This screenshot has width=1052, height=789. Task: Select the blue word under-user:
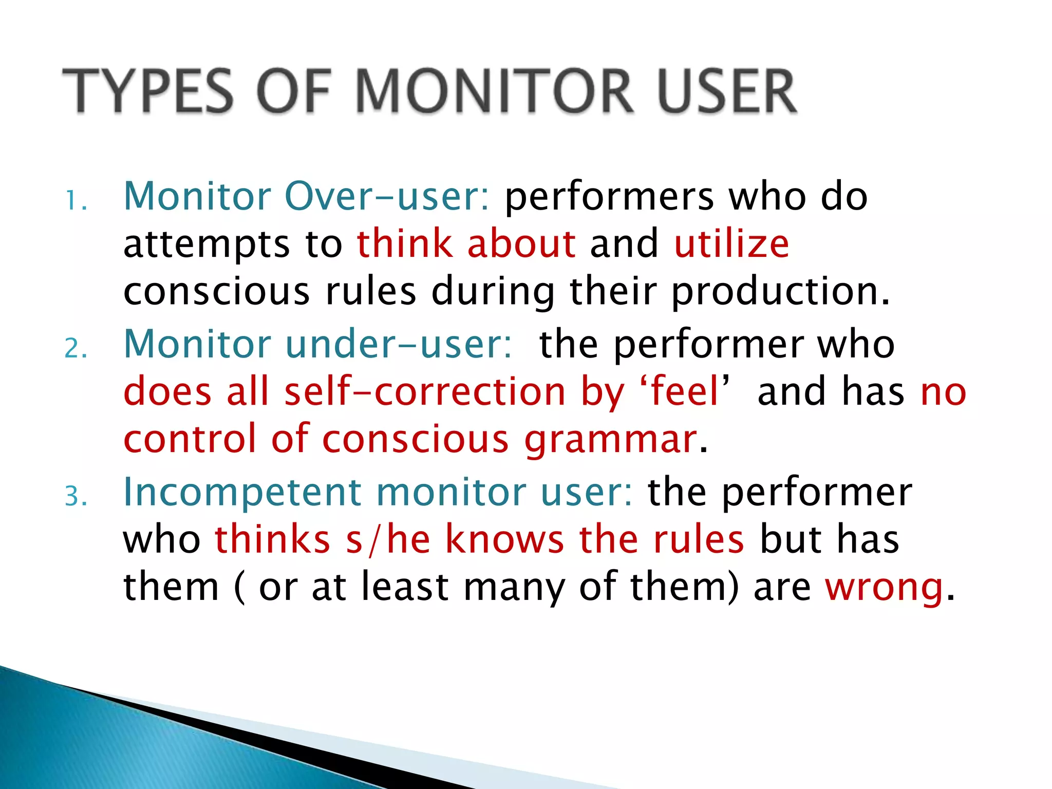tap(399, 344)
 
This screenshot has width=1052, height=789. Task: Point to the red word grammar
tap(610, 440)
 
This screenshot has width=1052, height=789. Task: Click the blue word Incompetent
tap(243, 492)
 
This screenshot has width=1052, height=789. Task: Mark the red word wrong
tap(884, 587)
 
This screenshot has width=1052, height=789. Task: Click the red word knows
tap(504, 539)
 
